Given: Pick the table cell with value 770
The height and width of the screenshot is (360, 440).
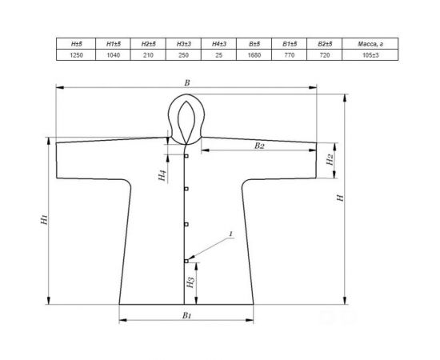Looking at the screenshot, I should [x=289, y=54].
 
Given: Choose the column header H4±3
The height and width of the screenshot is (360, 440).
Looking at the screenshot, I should [x=218, y=44].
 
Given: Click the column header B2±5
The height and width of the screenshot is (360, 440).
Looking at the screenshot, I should [x=325, y=44].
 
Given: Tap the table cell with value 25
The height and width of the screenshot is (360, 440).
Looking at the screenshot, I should [x=218, y=54].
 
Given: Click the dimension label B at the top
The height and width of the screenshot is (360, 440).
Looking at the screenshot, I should [x=187, y=82].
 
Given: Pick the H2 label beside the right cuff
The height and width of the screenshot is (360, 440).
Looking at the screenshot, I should [x=329, y=160].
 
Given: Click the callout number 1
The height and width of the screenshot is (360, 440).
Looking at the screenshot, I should [x=230, y=234].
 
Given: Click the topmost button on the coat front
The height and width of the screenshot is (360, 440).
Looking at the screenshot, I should [x=186, y=156].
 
